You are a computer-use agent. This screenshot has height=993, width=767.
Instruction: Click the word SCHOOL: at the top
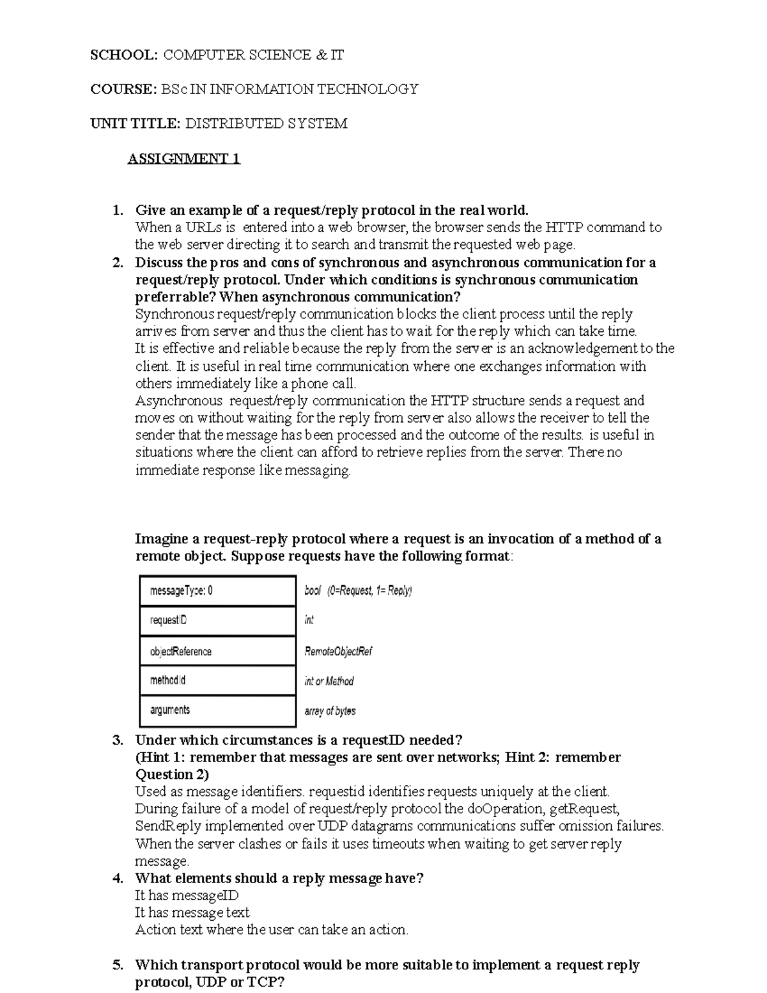click(123, 55)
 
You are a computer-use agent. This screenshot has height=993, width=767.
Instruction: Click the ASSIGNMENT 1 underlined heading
click(183, 159)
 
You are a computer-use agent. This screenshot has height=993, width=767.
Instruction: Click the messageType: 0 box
click(217, 591)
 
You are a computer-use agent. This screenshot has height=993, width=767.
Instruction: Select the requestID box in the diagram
click(217, 620)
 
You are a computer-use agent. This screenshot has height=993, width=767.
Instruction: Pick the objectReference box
click(217, 651)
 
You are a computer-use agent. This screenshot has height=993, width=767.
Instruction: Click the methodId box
click(217, 680)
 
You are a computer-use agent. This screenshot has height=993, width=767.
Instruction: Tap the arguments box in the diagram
click(217, 710)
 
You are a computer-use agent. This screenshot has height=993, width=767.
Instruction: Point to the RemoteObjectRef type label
click(338, 651)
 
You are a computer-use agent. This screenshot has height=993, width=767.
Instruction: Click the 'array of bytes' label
click(330, 710)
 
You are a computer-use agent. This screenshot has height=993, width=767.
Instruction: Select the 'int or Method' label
click(329, 681)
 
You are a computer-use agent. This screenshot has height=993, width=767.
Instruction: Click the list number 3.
click(117, 740)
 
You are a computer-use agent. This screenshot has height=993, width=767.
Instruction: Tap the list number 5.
click(117, 966)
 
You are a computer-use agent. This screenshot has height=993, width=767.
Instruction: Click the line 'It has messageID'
click(187, 896)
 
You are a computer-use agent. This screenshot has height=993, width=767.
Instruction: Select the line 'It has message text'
click(192, 913)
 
